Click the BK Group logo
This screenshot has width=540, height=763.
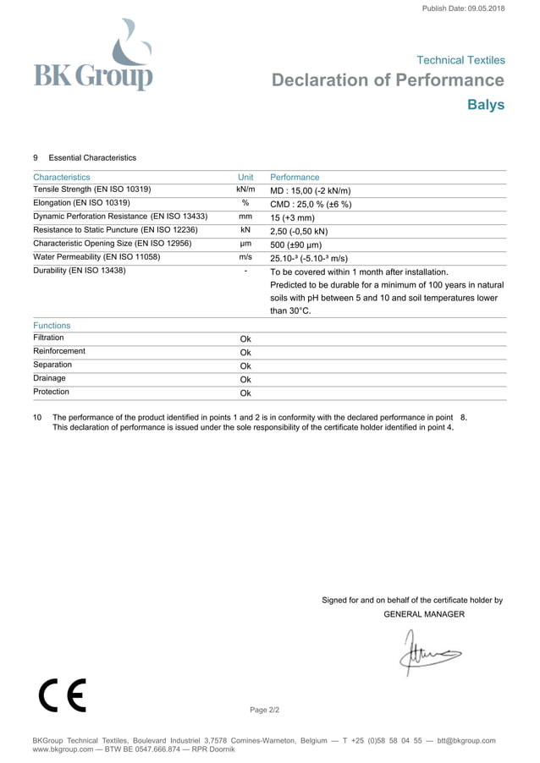(x=93, y=58)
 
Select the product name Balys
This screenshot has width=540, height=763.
(x=486, y=105)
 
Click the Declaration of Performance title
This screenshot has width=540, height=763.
(x=388, y=80)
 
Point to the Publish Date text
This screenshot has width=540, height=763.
(x=462, y=8)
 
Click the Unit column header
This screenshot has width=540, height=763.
(x=245, y=178)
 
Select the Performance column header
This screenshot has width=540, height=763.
(x=295, y=178)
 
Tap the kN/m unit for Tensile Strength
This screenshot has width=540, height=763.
(x=245, y=190)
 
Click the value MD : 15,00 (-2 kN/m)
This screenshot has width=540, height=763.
(x=310, y=191)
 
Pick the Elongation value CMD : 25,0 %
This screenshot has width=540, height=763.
(x=310, y=204)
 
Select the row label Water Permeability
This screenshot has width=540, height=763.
(x=96, y=257)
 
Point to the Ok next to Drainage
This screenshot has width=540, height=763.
(x=245, y=380)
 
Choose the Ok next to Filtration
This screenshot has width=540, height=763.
(x=245, y=339)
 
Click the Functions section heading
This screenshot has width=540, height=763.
(x=52, y=326)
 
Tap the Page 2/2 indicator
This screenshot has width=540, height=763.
(x=264, y=710)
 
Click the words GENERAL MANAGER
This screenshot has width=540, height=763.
(x=423, y=614)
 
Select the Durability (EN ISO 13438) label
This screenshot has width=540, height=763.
(x=80, y=271)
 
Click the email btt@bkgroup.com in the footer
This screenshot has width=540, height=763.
(x=465, y=741)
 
